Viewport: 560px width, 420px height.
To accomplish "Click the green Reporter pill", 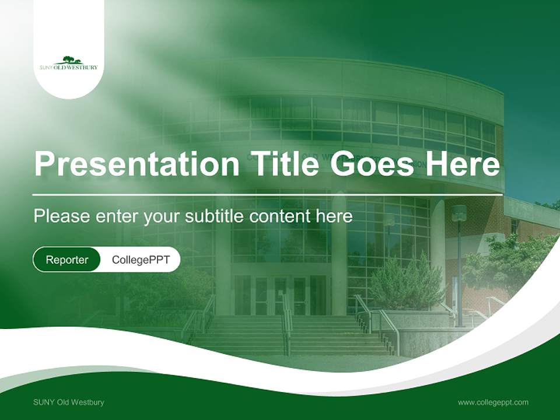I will (67, 260).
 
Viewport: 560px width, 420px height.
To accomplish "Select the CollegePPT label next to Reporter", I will (141, 260).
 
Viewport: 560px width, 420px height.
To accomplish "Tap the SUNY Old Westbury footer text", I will (69, 402).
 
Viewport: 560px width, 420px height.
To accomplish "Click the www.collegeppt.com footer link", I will (493, 402).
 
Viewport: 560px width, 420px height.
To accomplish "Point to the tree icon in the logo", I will (69, 60).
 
